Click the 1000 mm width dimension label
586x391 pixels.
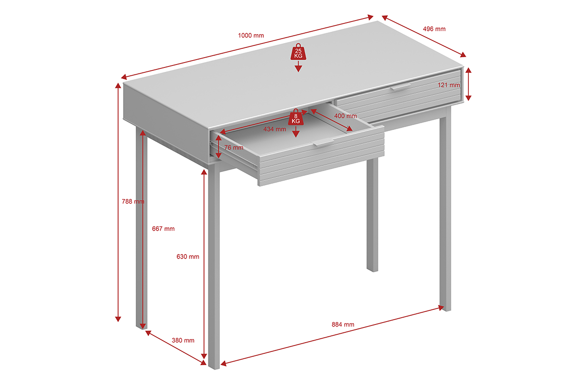pos(251,35)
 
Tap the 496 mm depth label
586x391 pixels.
pos(434,29)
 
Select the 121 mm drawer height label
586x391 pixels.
pos(449,85)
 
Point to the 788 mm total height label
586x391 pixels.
pos(133,201)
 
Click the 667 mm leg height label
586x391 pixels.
pos(163,229)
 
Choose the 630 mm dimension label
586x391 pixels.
pos(188,257)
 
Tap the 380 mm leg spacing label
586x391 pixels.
pos(183,340)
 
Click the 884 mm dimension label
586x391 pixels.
pos(343,325)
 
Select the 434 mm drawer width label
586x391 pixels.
pos(274,129)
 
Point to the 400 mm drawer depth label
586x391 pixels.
pos(346,116)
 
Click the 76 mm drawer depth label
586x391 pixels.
pos(234,148)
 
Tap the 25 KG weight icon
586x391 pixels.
pos(298,52)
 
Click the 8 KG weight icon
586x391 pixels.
pos(296,117)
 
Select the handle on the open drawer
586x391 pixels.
pos(323,142)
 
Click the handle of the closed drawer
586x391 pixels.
pos(400,87)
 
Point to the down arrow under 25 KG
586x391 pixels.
pos(298,66)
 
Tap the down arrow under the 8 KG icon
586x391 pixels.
pos(296,132)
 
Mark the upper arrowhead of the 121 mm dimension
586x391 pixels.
pos(468,70)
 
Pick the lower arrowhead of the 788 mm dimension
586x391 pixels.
pos(118,319)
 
